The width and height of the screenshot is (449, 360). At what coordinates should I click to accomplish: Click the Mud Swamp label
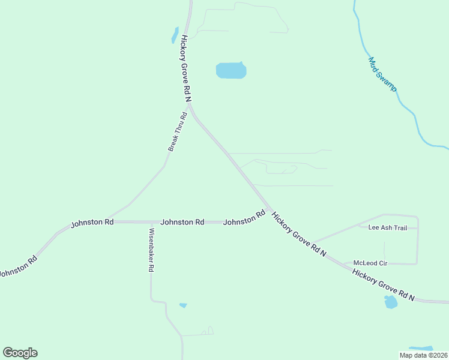click(x=382, y=74)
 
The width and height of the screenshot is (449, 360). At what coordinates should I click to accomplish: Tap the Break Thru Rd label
click(x=178, y=131)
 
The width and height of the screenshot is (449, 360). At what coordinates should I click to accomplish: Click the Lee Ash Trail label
click(x=387, y=228)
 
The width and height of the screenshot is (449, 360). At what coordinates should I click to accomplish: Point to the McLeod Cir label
click(x=370, y=263)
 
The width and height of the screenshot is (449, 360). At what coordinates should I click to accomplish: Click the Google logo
click(x=20, y=353)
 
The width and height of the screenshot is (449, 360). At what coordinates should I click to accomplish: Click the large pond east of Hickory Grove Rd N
click(x=231, y=71)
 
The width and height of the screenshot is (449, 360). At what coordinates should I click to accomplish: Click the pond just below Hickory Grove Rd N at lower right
click(x=391, y=302)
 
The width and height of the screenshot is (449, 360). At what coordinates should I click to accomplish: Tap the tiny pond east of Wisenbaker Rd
click(x=183, y=305)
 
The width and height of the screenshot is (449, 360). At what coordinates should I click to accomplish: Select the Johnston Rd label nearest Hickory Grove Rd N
click(x=244, y=218)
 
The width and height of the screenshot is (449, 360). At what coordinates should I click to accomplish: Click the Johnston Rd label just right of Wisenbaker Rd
click(x=182, y=222)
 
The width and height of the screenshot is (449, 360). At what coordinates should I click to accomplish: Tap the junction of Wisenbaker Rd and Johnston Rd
click(x=151, y=222)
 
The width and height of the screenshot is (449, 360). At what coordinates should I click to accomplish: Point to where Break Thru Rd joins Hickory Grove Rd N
click(x=190, y=107)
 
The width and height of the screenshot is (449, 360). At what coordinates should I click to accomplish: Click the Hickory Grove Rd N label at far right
click(x=384, y=285)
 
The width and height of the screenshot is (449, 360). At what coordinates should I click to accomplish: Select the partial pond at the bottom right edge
click(x=421, y=349)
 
